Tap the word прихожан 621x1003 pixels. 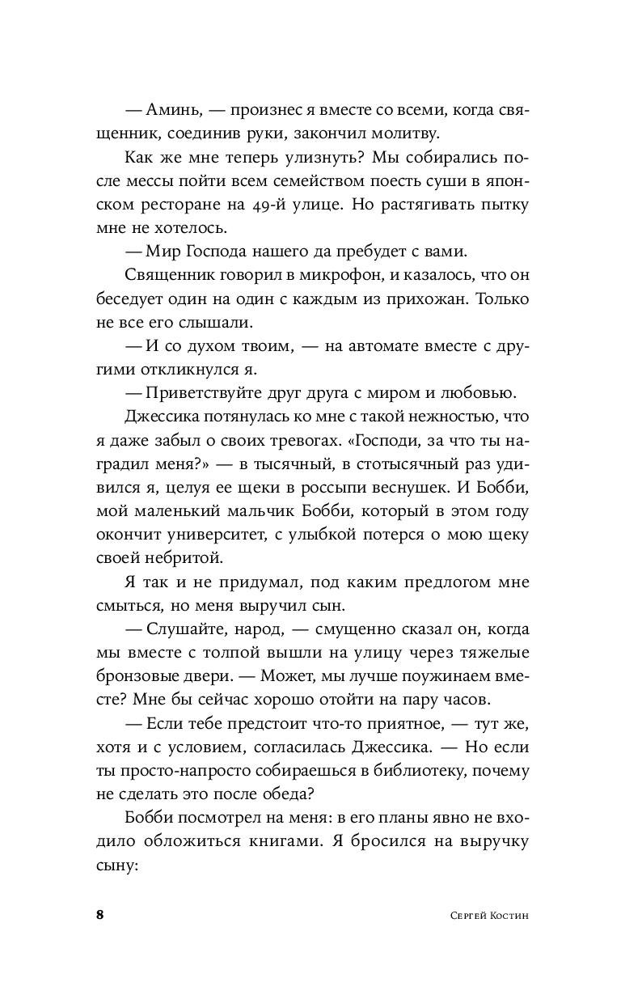click(x=427, y=299)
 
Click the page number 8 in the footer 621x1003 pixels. click(x=99, y=916)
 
